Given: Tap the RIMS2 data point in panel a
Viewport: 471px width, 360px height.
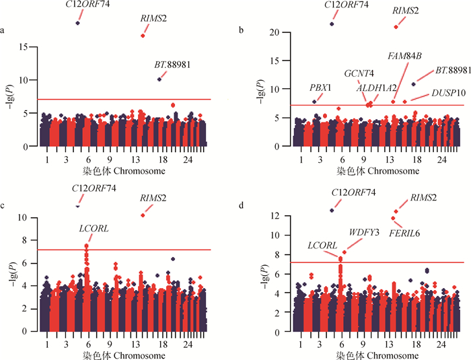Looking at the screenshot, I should coord(143,36).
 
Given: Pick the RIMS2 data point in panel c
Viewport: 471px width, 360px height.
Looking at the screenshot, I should coord(143,215).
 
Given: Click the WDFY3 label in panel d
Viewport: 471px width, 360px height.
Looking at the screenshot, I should coord(363,232).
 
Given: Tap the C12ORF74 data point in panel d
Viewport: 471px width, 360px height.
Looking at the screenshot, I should coord(332,211).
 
